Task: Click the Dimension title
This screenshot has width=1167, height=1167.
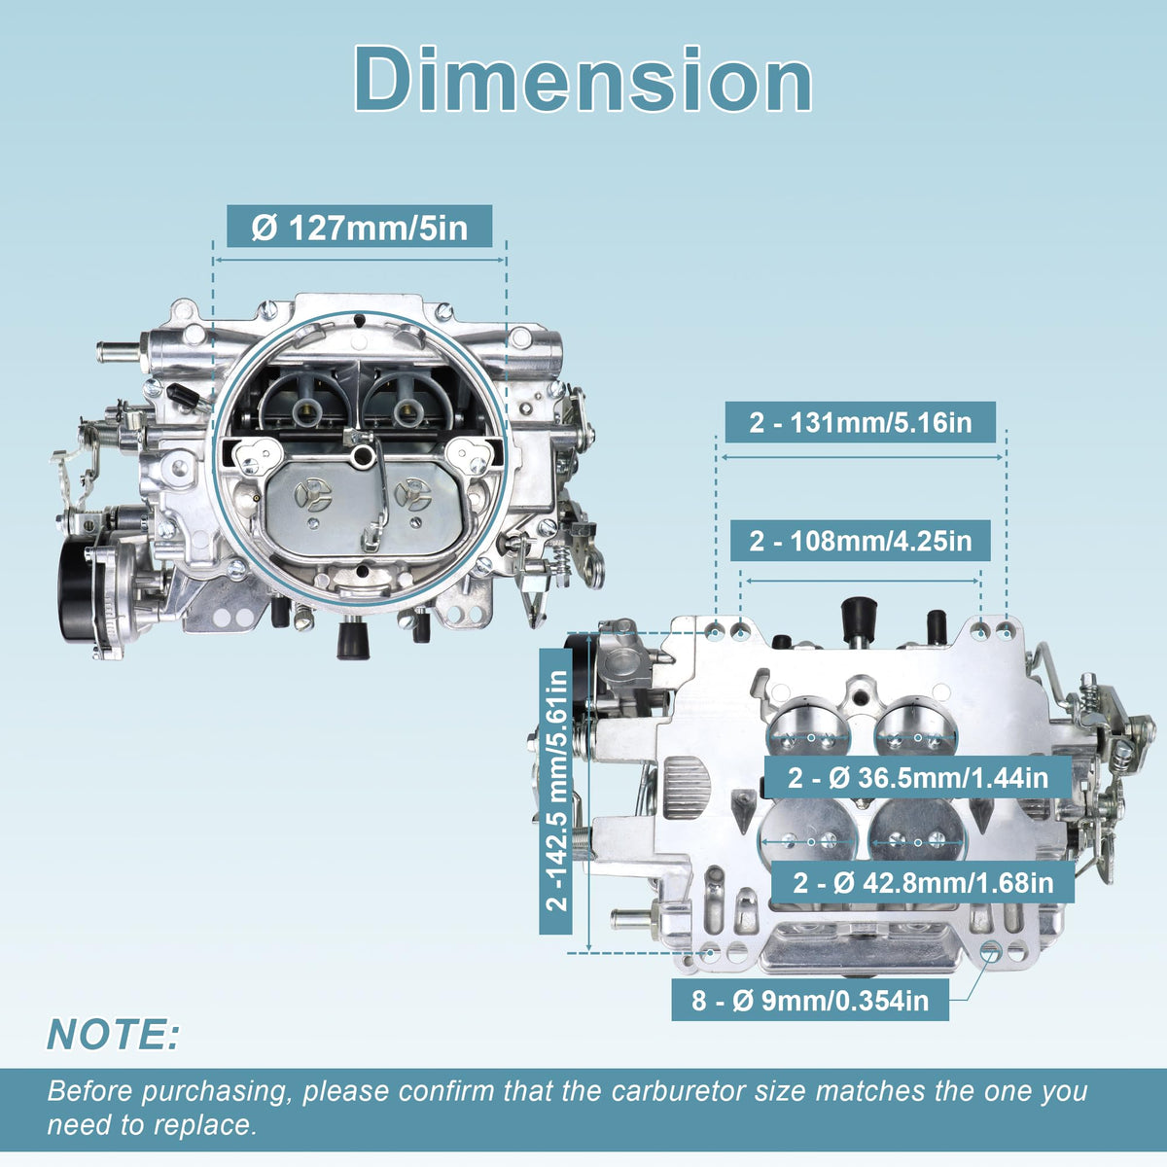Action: pos(583,80)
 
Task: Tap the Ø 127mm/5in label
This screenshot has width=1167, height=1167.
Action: pos(359,228)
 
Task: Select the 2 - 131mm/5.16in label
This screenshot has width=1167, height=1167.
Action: pos(860,422)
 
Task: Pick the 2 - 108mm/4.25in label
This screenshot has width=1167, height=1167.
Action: pos(860,540)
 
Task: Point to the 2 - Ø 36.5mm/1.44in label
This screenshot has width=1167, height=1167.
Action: pos(917,777)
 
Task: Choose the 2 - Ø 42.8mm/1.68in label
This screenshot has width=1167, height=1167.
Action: pos(923,882)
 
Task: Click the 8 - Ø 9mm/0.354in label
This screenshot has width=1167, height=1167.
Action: pos(810,1000)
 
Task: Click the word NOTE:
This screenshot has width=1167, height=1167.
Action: pos(113,1033)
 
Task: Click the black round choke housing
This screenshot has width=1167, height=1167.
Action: pos(79,586)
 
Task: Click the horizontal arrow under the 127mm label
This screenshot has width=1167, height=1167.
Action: pos(359,260)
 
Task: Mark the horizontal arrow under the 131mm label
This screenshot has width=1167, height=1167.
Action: pos(862,457)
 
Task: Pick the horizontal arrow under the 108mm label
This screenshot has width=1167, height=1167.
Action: pos(862,581)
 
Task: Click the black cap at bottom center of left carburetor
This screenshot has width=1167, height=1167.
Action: pos(353,640)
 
